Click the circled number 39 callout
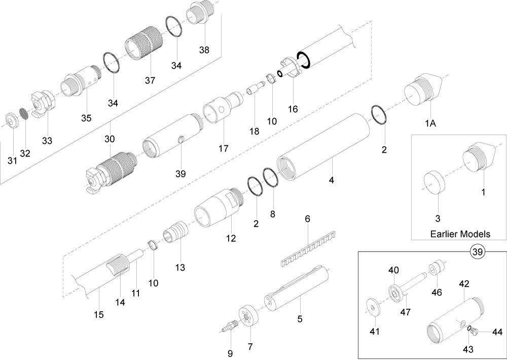(x=478, y=251)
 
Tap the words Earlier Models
(x=460, y=234)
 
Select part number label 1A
(x=430, y=123)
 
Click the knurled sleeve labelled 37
(x=143, y=48)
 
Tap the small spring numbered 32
(x=23, y=114)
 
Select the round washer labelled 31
(x=12, y=121)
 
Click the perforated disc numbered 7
(x=248, y=317)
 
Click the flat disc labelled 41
(x=374, y=307)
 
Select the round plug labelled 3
(x=434, y=182)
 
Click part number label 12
(x=231, y=238)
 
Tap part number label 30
(x=110, y=139)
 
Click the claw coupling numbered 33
(x=44, y=103)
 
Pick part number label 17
(x=223, y=149)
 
